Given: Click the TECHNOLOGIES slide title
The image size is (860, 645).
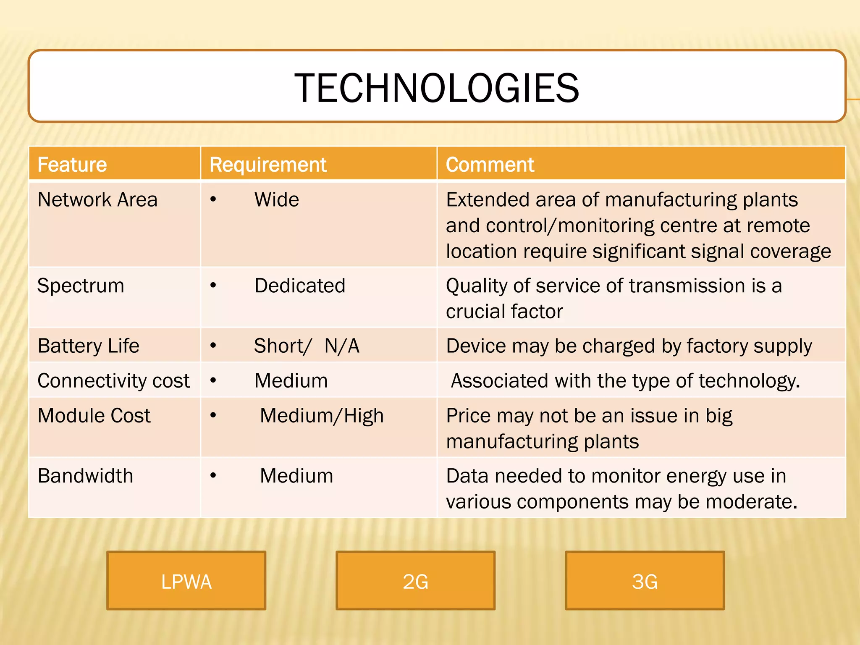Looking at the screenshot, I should (436, 88).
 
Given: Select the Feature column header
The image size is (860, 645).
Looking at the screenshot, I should (72, 164).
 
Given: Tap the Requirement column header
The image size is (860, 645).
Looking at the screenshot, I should (268, 164).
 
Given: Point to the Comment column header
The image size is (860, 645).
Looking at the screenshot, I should (490, 164).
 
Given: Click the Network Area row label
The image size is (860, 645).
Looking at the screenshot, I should (97, 199).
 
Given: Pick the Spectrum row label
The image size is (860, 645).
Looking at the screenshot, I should (81, 286).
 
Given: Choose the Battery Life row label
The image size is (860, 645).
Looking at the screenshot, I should (88, 346).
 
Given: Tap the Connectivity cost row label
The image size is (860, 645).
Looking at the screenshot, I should (113, 381).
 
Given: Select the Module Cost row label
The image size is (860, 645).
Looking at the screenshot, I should (94, 416).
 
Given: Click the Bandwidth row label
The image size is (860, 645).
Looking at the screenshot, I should (85, 476).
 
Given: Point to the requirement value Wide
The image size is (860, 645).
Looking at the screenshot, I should (277, 199).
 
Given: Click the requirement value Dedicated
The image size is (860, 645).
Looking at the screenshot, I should (300, 286).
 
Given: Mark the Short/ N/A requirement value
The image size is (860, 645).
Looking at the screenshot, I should (307, 346).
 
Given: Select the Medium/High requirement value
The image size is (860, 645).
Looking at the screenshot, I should (322, 416).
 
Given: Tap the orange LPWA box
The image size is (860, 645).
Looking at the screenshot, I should (186, 580).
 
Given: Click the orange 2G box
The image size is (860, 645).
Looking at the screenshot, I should (415, 580).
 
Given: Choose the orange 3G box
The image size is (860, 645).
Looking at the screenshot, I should (645, 580).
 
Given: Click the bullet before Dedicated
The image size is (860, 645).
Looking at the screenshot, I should (213, 286).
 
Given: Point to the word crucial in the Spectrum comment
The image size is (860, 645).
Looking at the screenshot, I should (470, 312).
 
